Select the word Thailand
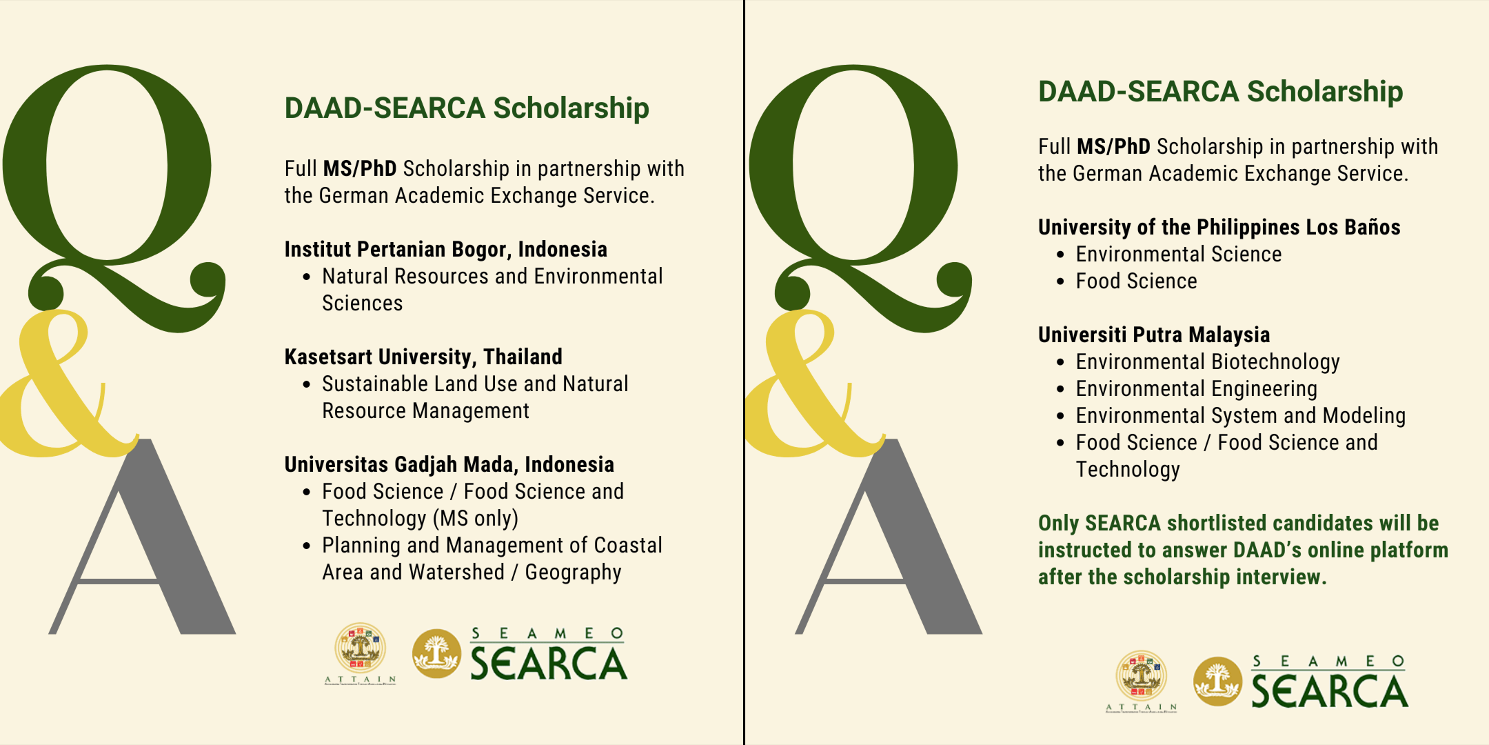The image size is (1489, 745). (523, 357)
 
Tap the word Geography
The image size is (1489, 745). (574, 573)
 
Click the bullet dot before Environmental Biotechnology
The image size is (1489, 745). (1060, 362)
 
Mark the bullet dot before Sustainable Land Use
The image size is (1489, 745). (307, 384)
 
